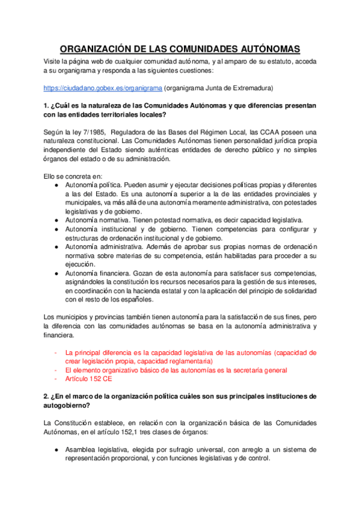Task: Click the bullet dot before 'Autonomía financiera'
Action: (56, 273)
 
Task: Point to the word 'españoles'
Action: (135, 299)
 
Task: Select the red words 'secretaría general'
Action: (257, 370)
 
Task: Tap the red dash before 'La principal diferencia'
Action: (56, 353)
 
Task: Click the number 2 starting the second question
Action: (46, 397)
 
